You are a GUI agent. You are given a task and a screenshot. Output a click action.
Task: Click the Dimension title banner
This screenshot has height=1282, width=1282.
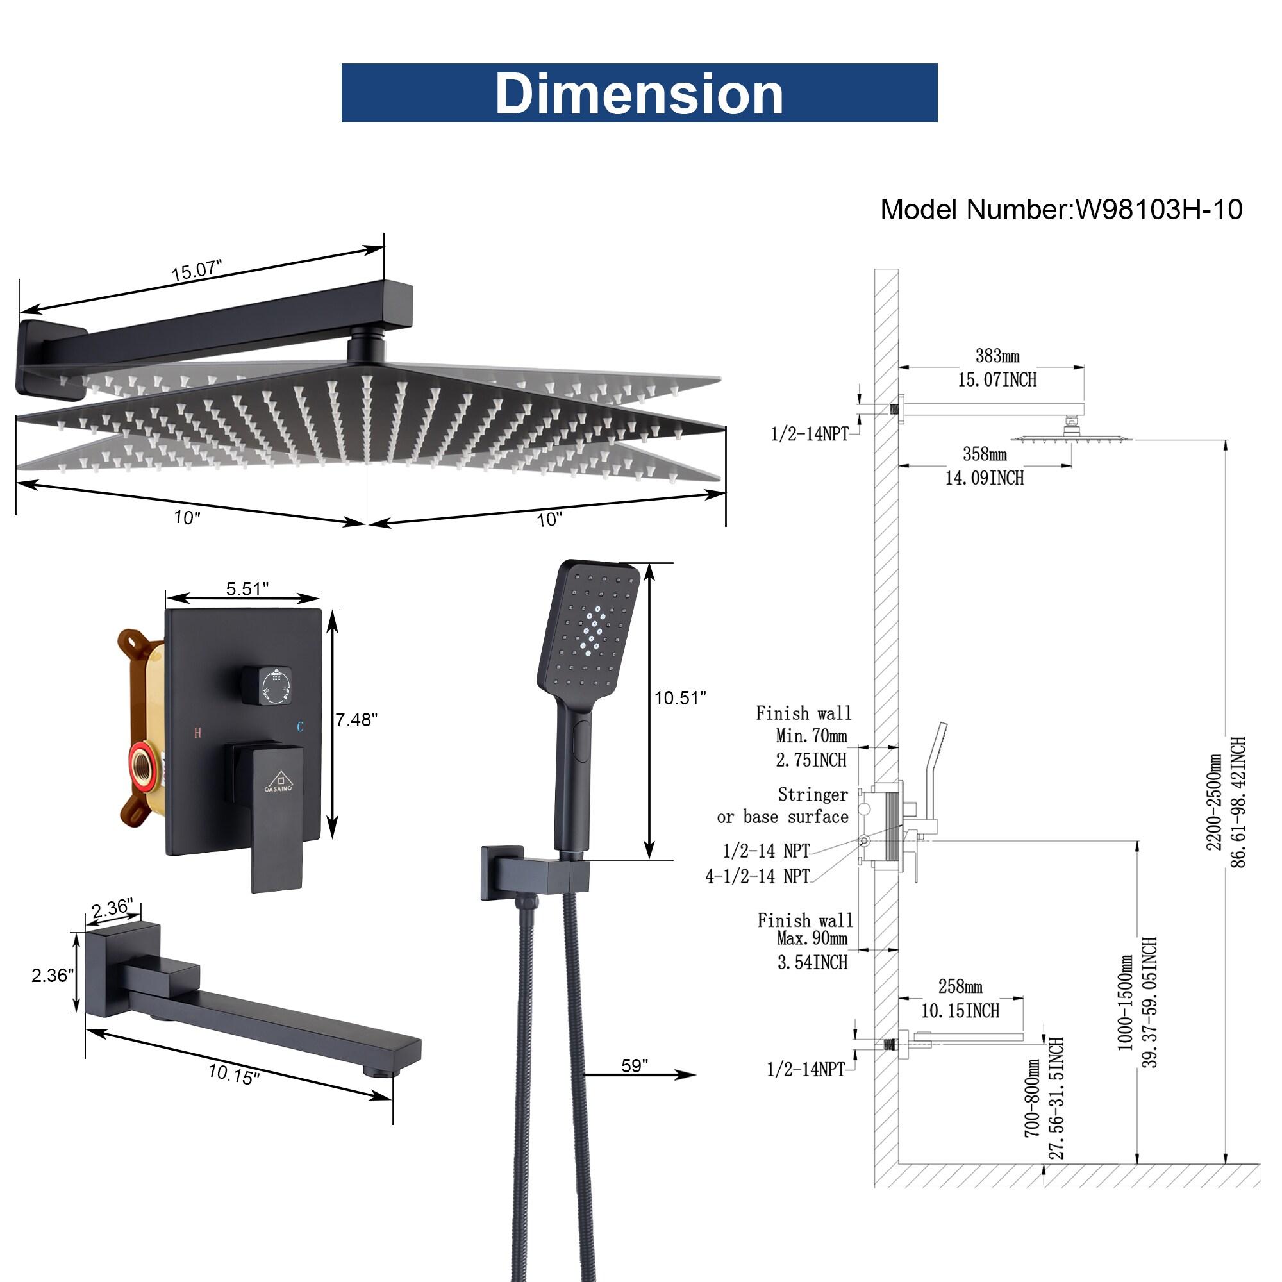click(638, 93)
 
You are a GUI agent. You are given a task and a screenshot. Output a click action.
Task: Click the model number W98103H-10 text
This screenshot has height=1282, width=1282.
click(1158, 210)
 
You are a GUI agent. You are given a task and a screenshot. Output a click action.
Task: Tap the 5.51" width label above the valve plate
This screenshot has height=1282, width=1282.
click(247, 588)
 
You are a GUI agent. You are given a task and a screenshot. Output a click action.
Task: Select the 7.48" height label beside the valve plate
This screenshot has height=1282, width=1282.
click(356, 719)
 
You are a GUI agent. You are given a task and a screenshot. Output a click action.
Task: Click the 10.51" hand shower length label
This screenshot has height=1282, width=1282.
click(680, 697)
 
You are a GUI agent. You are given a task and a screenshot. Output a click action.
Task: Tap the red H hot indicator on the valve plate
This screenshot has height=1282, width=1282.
click(197, 733)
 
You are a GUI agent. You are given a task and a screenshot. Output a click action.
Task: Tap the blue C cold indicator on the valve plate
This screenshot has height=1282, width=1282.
click(300, 728)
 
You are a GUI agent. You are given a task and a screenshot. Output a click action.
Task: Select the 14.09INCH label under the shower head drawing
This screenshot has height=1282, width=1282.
click(984, 478)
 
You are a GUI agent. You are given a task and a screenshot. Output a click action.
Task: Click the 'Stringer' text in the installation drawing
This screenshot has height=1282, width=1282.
click(812, 794)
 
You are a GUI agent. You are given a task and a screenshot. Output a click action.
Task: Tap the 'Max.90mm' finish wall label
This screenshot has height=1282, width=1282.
click(812, 938)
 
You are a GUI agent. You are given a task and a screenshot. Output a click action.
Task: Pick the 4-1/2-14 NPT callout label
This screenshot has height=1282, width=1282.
click(757, 876)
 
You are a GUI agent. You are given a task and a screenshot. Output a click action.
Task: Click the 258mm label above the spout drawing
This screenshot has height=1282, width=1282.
click(960, 986)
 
